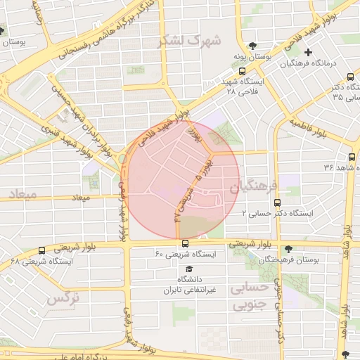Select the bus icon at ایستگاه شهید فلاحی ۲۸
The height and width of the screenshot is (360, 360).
pos(242,70)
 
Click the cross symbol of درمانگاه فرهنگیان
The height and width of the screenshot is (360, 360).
pos(308,51)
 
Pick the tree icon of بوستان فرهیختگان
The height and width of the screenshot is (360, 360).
pos(288,248)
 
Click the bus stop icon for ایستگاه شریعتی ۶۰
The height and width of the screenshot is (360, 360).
pos(186,243)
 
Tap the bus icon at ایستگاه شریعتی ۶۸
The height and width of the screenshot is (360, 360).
pos(42,250)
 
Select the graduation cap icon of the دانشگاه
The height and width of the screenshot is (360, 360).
pos(188,269)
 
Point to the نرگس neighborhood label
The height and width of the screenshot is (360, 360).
pos(62,299)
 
